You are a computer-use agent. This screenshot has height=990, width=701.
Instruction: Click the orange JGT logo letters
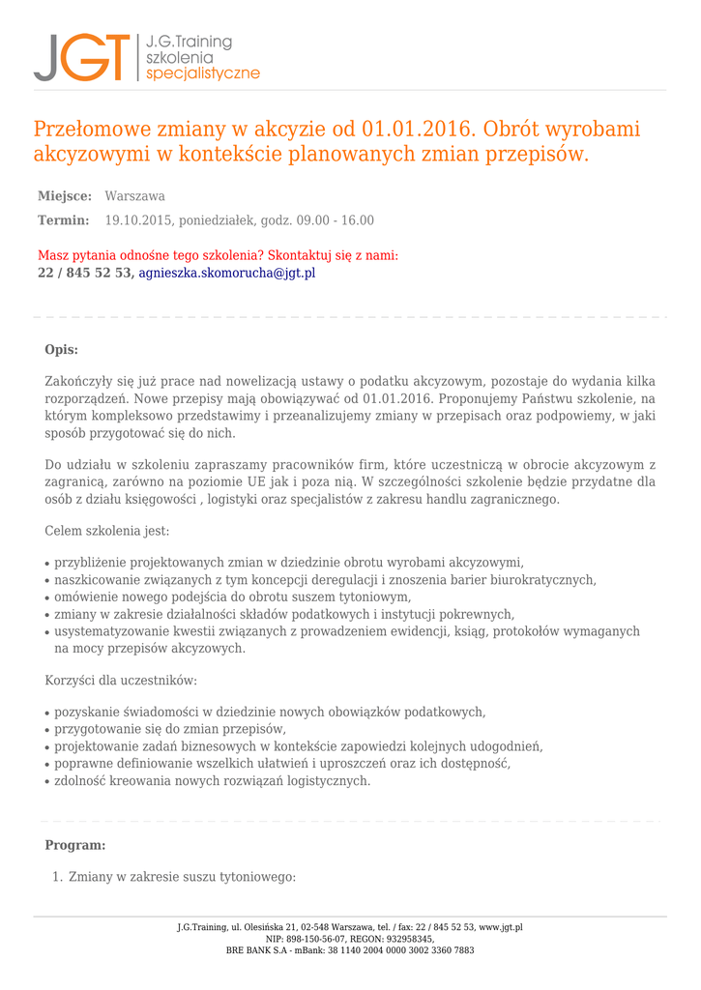[x=81, y=58]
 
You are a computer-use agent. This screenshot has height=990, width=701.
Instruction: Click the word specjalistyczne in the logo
[x=202, y=73]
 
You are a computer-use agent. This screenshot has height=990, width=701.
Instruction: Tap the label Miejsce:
[x=65, y=196]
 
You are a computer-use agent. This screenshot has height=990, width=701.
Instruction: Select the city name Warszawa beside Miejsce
[x=134, y=196]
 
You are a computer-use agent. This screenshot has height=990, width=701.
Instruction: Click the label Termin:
[x=63, y=220]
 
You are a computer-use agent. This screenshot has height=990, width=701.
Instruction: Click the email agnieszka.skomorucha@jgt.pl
[x=227, y=273]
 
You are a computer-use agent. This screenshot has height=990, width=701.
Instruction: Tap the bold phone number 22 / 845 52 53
[x=83, y=273]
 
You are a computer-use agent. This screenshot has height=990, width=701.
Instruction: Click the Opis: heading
[x=62, y=350]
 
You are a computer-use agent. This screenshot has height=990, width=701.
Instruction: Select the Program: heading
[x=75, y=845]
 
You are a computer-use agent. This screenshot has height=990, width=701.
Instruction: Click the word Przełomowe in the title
[x=91, y=130]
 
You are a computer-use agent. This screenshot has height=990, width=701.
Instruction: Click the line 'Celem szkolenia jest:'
[x=107, y=531]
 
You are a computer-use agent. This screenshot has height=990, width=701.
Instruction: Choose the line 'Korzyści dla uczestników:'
[x=121, y=681]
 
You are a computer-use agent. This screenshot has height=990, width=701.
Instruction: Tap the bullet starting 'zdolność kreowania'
[x=212, y=781]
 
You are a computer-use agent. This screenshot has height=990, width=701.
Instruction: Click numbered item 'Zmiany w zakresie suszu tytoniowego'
[x=182, y=877]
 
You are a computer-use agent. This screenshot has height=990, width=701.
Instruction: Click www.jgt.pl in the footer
[x=501, y=927]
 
